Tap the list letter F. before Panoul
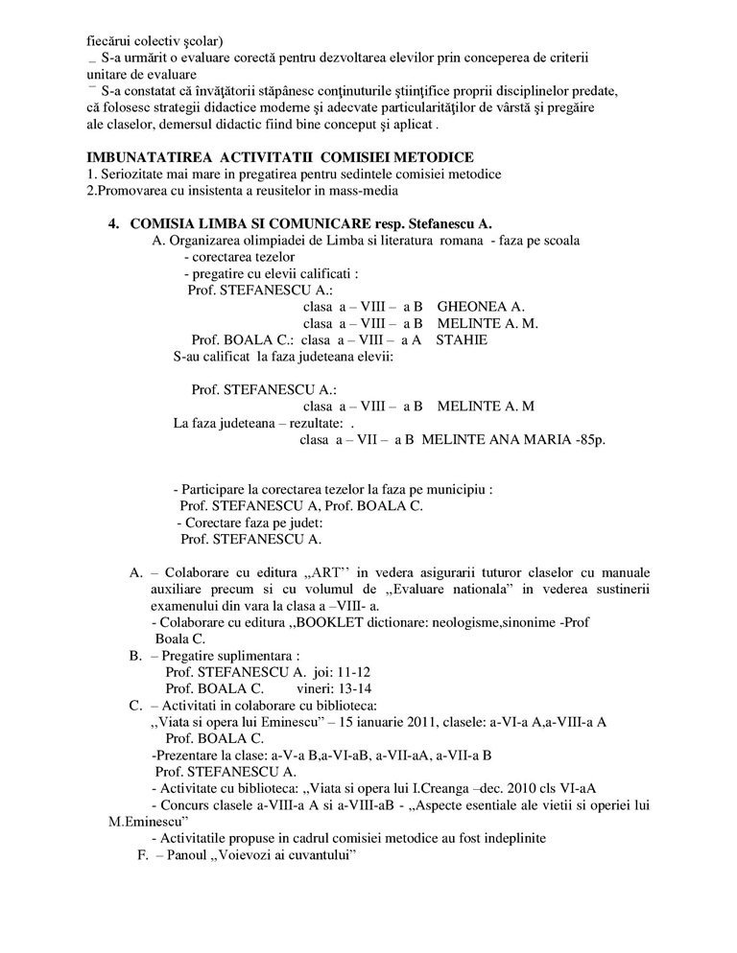146,853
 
